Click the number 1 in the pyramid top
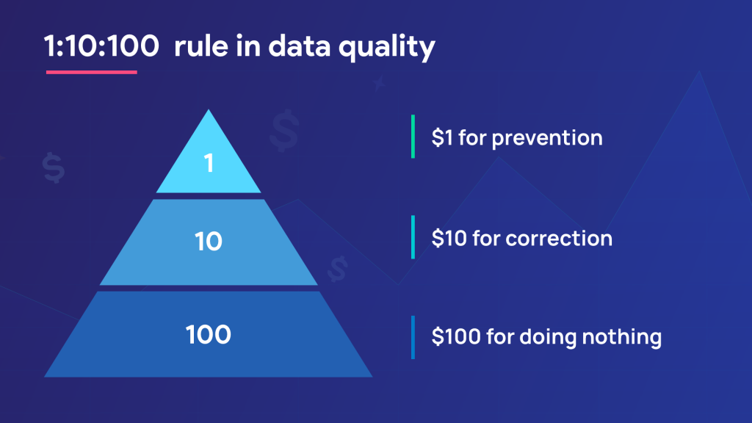click(x=209, y=163)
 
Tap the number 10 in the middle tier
click(x=209, y=241)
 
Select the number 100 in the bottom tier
click(x=209, y=335)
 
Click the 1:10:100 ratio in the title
click(x=101, y=47)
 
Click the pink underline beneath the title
click(x=92, y=72)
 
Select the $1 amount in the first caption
click(x=442, y=137)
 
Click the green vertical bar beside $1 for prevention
click(x=413, y=137)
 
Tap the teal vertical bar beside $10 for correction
click(x=413, y=237)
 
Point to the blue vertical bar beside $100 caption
click(x=413, y=337)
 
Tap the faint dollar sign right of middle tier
click(x=337, y=268)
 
